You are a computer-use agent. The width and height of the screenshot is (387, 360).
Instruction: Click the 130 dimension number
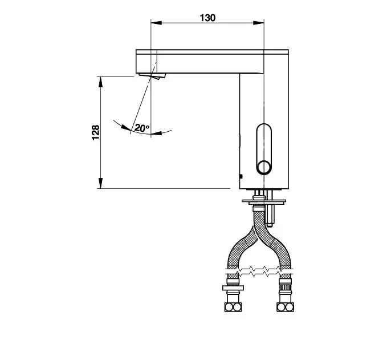click(207, 18)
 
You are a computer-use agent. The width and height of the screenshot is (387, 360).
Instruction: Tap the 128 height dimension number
click(96, 133)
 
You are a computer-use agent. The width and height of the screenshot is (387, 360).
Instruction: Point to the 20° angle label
click(142, 128)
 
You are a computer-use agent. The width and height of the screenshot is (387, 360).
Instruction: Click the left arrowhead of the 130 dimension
click(156, 23)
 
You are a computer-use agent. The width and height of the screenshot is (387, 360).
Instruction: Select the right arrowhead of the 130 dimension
click(259, 23)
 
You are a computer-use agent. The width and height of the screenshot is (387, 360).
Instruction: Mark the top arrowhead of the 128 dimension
click(100, 82)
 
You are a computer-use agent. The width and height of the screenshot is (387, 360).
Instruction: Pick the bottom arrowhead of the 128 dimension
click(100, 183)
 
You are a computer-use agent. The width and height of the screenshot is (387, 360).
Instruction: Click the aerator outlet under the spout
click(152, 76)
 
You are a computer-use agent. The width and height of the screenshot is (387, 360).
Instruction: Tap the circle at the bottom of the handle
click(264, 167)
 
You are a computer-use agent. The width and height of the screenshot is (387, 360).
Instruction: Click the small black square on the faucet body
click(241, 176)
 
